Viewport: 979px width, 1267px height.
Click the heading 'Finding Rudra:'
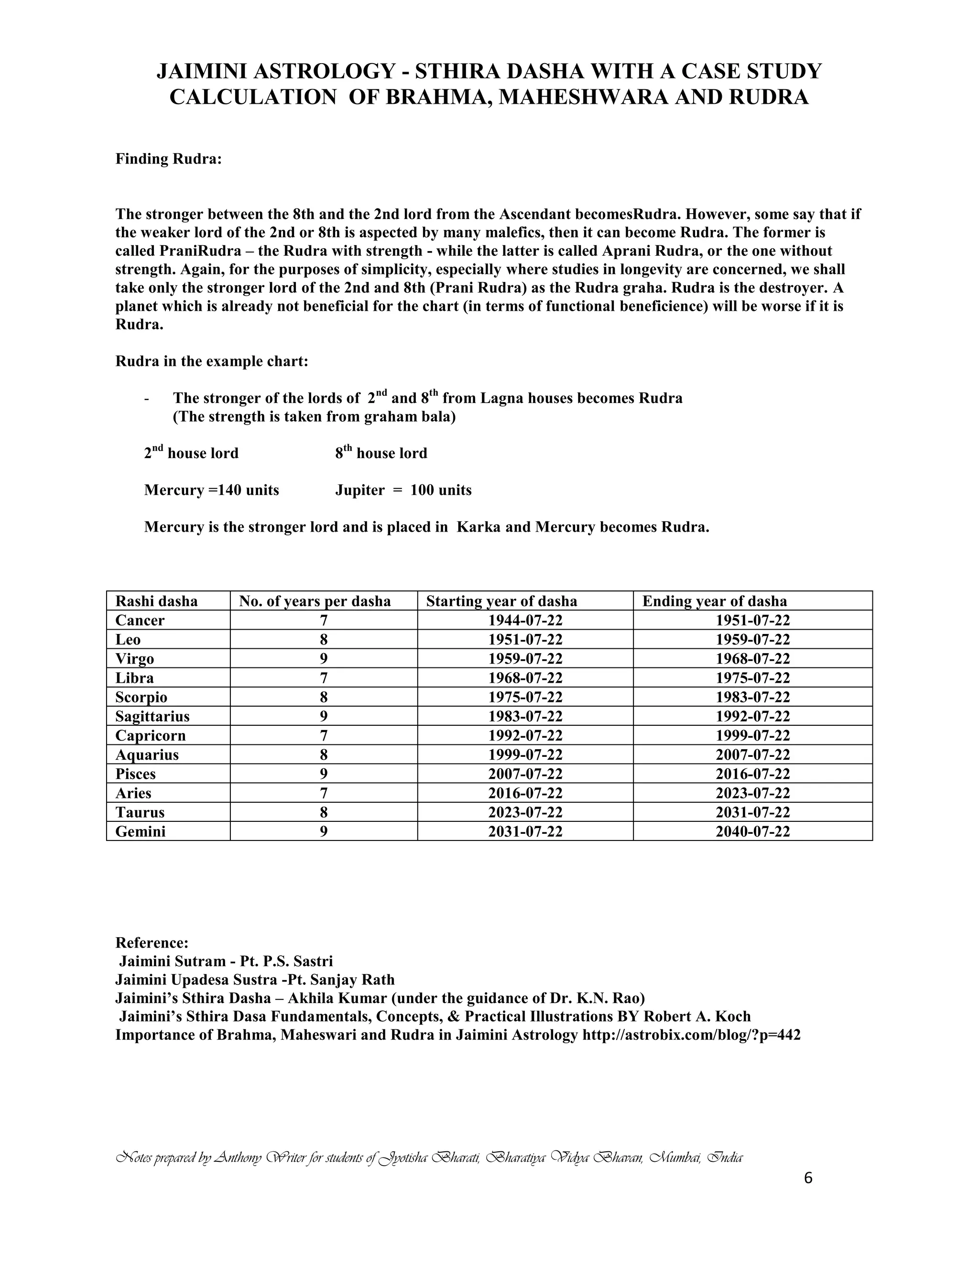(x=168, y=159)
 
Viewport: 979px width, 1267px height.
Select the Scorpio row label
(x=141, y=697)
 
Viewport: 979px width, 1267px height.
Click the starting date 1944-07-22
(x=525, y=620)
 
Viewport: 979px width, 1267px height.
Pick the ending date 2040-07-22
(x=752, y=831)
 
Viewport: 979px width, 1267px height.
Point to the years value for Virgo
(x=324, y=658)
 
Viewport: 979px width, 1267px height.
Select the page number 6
(x=808, y=1178)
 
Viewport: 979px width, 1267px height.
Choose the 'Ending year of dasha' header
(x=714, y=601)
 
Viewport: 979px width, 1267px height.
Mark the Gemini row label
(x=141, y=831)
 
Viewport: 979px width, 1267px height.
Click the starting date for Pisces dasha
(x=525, y=774)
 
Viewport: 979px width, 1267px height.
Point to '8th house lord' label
(x=381, y=453)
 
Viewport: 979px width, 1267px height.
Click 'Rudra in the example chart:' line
(x=212, y=361)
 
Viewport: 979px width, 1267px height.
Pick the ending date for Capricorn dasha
(x=752, y=736)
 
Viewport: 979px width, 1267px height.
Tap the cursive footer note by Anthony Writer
(x=429, y=1158)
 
